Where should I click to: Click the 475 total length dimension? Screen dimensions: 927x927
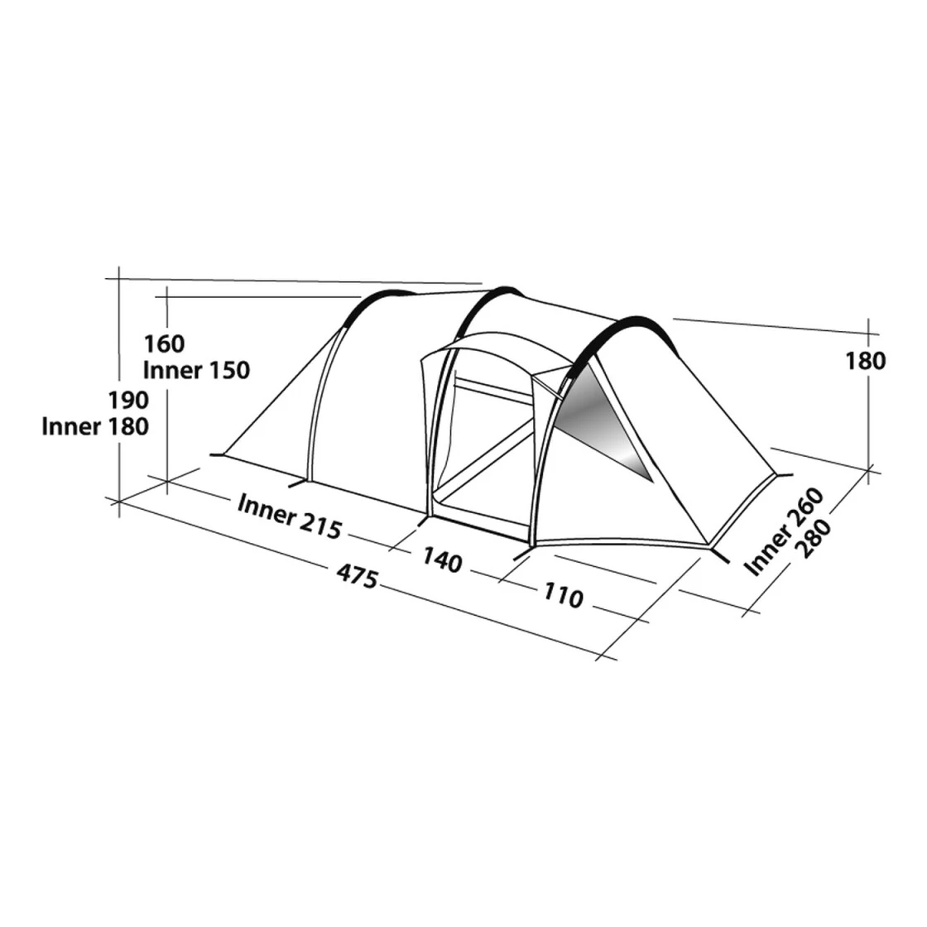tap(357, 576)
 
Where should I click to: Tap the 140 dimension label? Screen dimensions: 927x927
tap(442, 560)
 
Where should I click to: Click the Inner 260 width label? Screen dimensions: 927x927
tap(783, 531)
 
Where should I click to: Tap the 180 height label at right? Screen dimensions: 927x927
tap(865, 361)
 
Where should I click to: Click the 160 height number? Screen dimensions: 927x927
tap(165, 343)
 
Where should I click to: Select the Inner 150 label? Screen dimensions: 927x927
tap(197, 370)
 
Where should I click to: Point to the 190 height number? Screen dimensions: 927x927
tap(127, 401)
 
